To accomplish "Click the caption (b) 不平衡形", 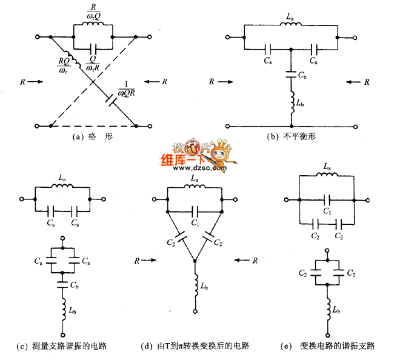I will (290, 137).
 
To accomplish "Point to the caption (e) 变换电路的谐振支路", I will (329, 347).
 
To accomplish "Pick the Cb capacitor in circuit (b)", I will (291, 75).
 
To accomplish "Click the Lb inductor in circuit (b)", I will (291, 105).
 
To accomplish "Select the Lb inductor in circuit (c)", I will (63, 311).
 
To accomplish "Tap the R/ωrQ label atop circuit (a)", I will (92, 16).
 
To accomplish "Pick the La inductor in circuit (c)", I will (63, 187).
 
